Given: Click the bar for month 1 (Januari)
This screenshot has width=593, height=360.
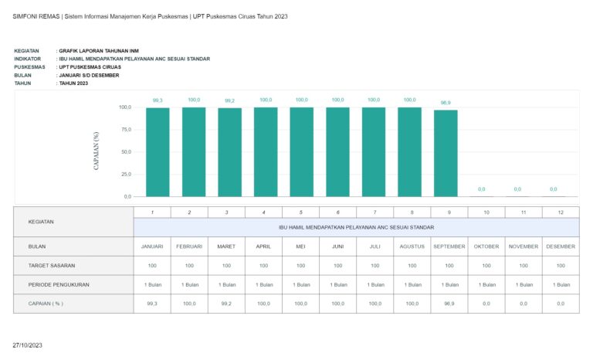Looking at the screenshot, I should tap(158, 152).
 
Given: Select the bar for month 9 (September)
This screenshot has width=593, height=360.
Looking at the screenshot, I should tap(446, 153).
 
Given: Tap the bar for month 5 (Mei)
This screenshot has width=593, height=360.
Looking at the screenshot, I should tap(302, 152).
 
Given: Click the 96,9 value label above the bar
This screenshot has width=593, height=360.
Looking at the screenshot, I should tap(446, 103).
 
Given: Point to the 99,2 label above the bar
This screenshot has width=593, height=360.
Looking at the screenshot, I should tap(229, 100).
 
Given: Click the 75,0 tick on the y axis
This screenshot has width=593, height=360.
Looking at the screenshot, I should tap(125, 130).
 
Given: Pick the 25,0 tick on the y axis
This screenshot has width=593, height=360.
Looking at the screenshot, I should tap(125, 175).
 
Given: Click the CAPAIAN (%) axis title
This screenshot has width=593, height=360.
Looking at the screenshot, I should tap(97, 152).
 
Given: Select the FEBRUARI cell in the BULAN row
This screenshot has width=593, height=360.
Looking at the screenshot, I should tap(189, 246).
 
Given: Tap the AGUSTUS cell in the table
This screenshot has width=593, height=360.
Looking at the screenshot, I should tap(412, 246).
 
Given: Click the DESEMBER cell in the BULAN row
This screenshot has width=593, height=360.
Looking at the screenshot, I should tap(561, 246).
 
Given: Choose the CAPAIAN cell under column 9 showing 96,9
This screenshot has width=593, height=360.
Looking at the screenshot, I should tap(449, 304).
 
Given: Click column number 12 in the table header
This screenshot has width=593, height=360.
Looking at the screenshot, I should tap(561, 212).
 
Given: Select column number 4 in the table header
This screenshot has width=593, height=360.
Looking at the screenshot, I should tap(263, 212).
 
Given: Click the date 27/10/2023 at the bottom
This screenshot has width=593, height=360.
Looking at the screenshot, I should tap(27, 344).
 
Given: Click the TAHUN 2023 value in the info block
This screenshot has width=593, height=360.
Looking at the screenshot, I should tap(73, 83).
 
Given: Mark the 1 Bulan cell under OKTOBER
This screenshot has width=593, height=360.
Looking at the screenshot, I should tap(486, 284).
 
